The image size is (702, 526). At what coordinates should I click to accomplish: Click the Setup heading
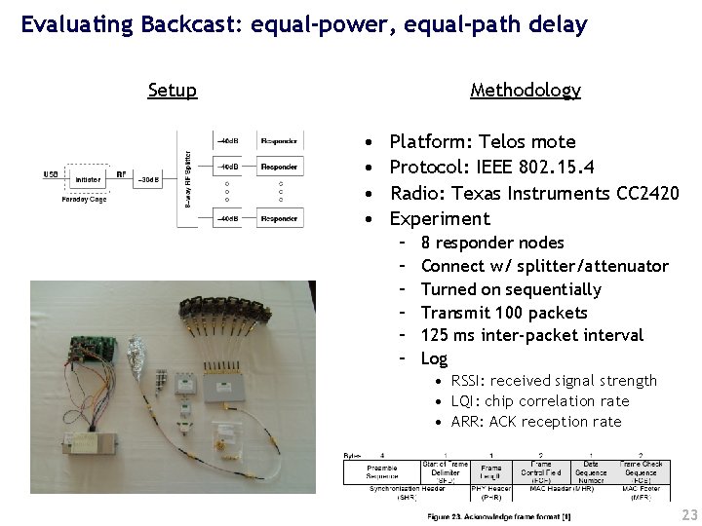click(173, 91)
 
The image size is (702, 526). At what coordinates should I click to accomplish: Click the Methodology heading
click(525, 91)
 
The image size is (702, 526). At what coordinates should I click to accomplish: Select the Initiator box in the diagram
click(87, 179)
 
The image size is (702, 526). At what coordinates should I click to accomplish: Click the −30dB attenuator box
click(148, 179)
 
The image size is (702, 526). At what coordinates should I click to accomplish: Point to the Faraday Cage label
click(84, 199)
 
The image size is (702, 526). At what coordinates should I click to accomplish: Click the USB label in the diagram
click(51, 174)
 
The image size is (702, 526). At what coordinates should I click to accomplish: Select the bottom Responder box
click(280, 219)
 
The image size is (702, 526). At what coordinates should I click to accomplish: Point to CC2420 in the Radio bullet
click(648, 193)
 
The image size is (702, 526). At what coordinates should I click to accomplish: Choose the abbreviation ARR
click(467, 421)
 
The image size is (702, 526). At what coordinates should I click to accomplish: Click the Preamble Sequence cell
click(382, 471)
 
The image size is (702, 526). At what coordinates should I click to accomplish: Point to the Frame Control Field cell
click(540, 471)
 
